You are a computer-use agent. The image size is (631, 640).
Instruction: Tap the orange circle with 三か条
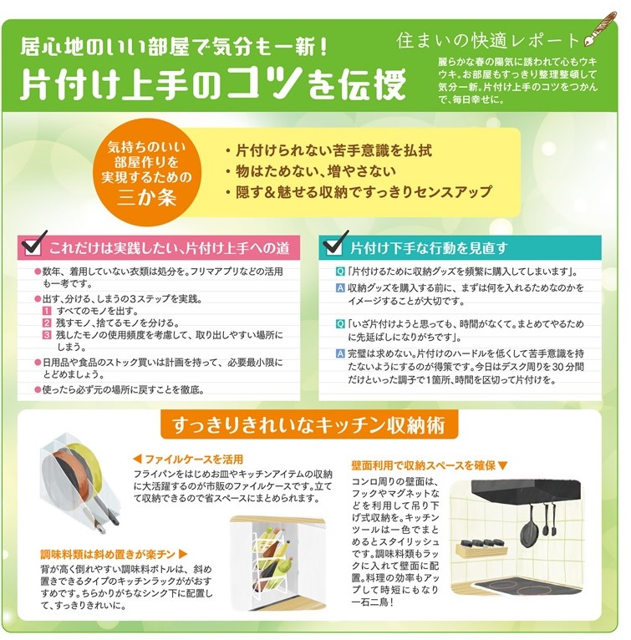pos(146,172)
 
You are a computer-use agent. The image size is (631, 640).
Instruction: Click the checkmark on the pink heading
pos(35,244)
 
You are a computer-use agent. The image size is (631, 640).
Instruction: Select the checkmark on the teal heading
pos(336,244)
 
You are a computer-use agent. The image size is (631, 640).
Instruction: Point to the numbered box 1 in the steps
pos(48,311)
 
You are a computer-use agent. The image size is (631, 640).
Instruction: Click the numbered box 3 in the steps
pos(48,335)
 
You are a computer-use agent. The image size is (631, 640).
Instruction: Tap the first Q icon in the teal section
pos(340,272)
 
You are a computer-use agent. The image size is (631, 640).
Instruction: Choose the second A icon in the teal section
pos(340,353)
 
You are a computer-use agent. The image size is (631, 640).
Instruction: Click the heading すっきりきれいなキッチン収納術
pos(309,425)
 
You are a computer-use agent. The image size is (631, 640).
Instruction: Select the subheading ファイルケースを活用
pos(189,460)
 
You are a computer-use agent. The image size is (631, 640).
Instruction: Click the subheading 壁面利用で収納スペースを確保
pos(430,465)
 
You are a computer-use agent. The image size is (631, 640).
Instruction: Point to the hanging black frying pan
pos(527,528)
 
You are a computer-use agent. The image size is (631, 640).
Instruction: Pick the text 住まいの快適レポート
pos(488,40)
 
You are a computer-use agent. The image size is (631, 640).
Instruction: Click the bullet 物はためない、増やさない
pos(311,171)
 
